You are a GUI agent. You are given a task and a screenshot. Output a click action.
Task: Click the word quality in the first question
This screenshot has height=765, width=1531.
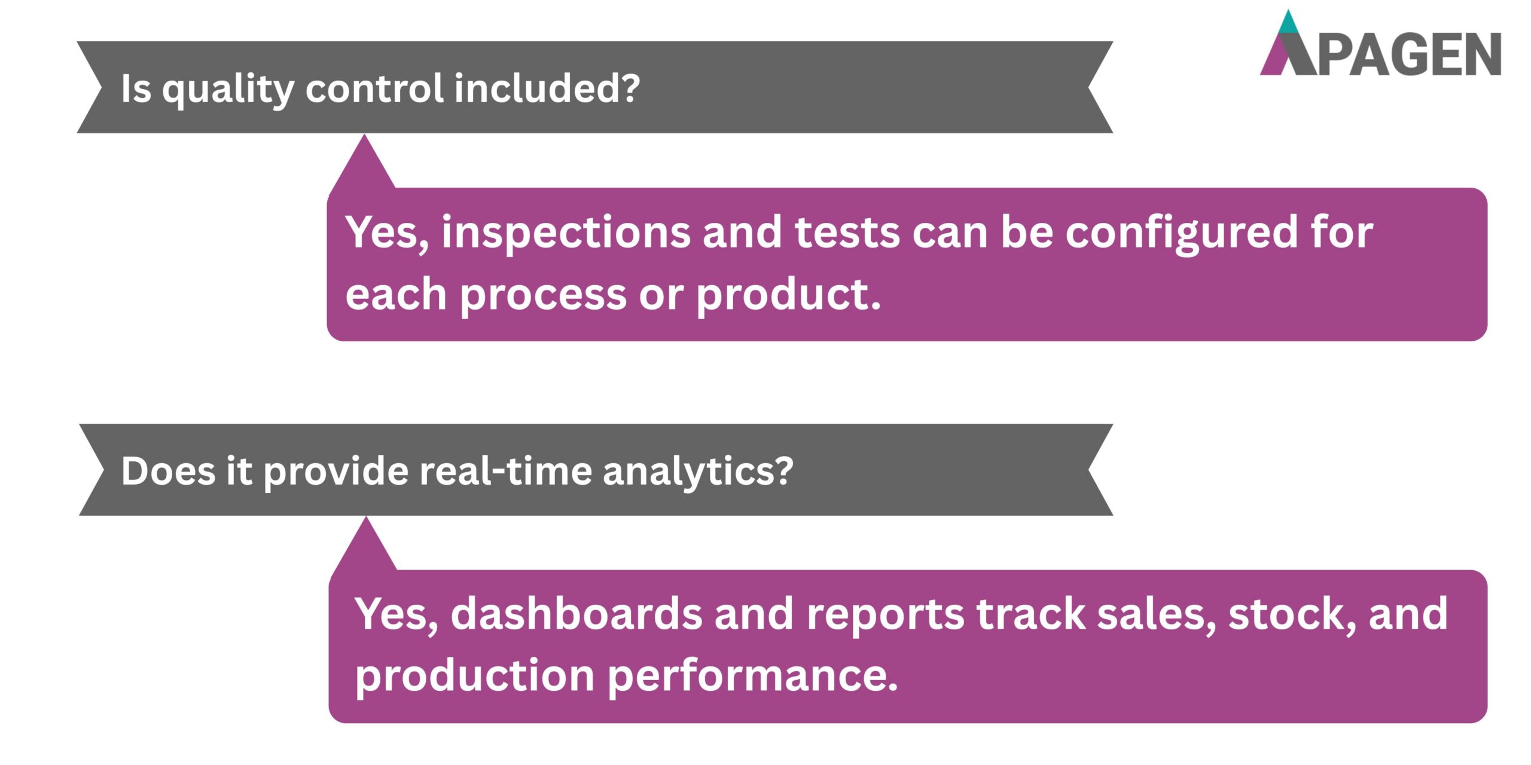point(228,88)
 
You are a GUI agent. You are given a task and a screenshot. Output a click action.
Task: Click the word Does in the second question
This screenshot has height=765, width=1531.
point(168,471)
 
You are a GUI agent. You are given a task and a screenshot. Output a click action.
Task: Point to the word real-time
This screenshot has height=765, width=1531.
point(506,471)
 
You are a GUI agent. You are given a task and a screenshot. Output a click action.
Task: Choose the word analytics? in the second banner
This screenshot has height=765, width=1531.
point(697,471)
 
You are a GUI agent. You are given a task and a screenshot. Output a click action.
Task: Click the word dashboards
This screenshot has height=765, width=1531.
point(576,614)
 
